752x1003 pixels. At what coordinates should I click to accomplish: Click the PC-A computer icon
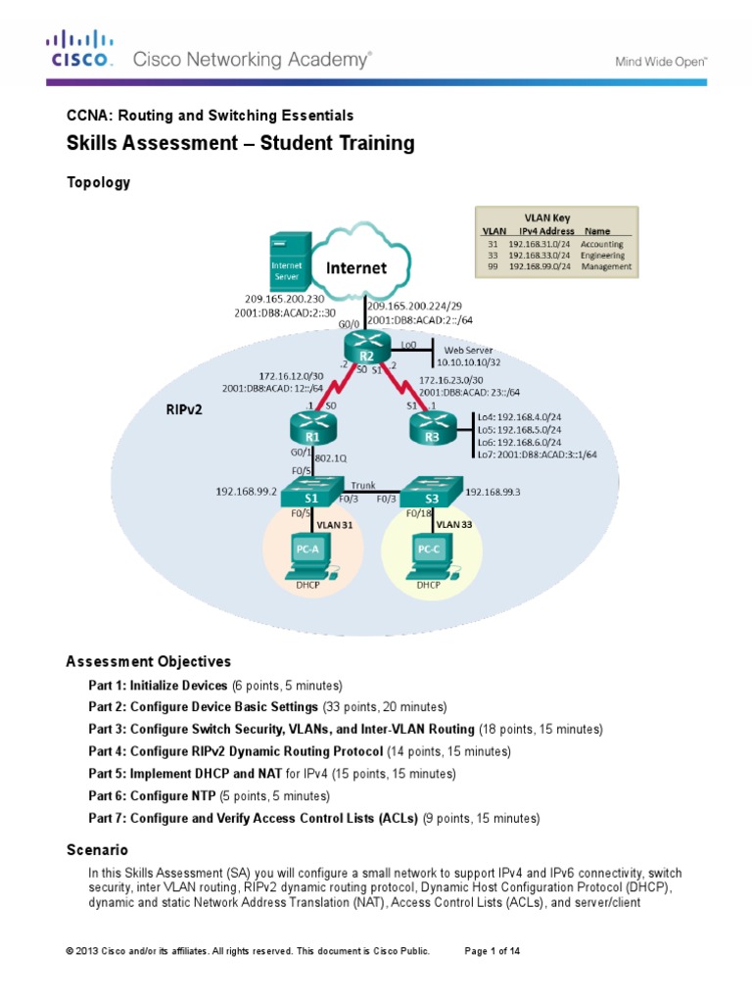coord(305,554)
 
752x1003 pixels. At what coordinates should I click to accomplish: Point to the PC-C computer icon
coord(428,554)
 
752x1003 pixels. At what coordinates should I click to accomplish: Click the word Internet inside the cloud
coord(356,266)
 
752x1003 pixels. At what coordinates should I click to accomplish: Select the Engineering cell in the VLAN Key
coord(604,254)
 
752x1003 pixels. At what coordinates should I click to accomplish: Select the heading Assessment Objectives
coord(148,661)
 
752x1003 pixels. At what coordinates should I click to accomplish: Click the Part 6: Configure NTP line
coord(208,795)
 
